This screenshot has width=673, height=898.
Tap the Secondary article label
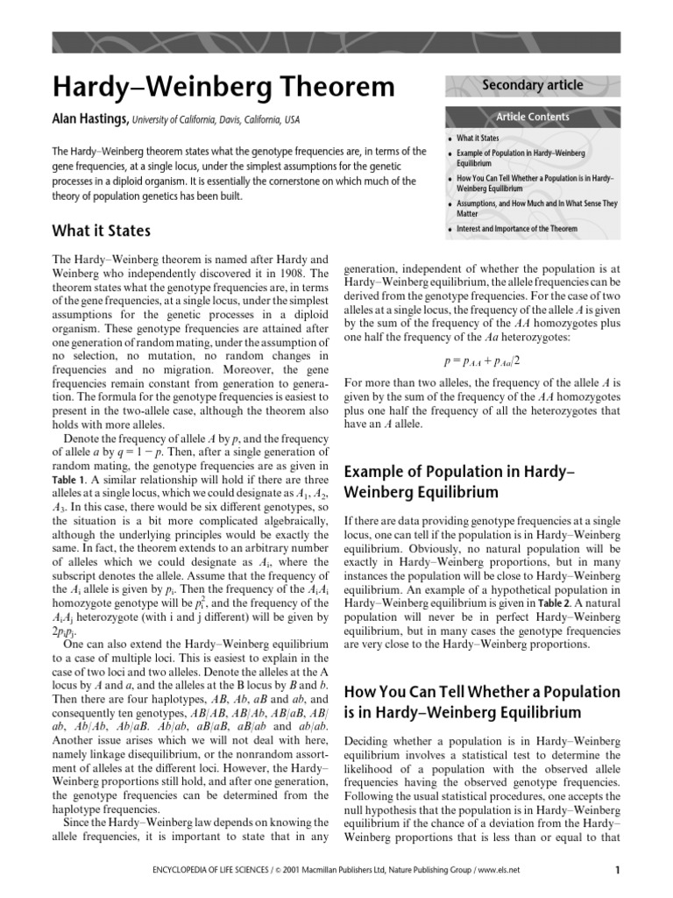pyautogui.click(x=532, y=85)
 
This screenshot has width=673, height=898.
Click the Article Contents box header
pyautogui.click(x=533, y=117)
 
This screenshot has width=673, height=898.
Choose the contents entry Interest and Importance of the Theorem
pyautogui.click(x=517, y=229)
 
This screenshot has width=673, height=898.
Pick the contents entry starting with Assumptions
pyautogui.click(x=536, y=203)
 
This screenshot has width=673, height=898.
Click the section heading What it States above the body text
pyautogui.click(x=101, y=232)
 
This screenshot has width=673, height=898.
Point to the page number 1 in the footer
pyautogui.click(x=618, y=871)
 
